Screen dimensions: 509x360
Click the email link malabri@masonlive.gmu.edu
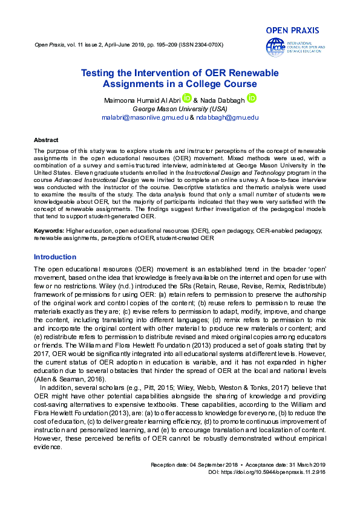(145, 117)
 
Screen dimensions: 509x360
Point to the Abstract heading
(46, 139)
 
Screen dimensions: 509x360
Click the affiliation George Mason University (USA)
(179, 109)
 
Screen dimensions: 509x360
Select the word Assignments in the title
(133, 84)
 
